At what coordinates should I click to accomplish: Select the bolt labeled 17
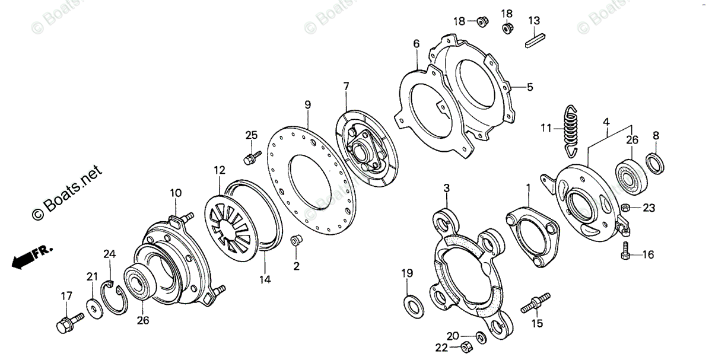[x=65, y=324]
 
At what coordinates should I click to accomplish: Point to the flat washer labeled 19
[x=410, y=304]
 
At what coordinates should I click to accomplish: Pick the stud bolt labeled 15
[x=536, y=302]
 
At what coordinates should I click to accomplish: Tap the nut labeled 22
[x=466, y=346]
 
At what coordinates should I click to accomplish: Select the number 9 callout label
[x=308, y=105]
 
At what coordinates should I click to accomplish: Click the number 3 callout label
[x=447, y=188]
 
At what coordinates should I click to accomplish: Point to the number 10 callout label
[x=176, y=193]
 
